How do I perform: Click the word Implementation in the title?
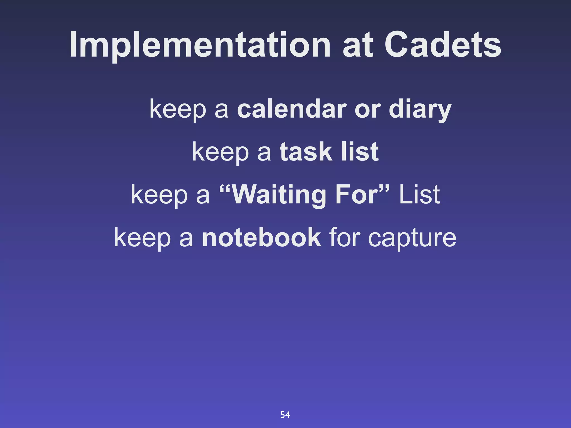click(x=200, y=45)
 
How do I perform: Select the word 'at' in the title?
click(x=358, y=45)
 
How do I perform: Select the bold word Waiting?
click(x=279, y=195)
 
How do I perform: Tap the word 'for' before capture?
click(x=345, y=237)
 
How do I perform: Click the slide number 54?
click(x=285, y=415)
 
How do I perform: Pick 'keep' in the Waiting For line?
click(x=159, y=195)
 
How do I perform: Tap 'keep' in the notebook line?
click(x=142, y=238)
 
